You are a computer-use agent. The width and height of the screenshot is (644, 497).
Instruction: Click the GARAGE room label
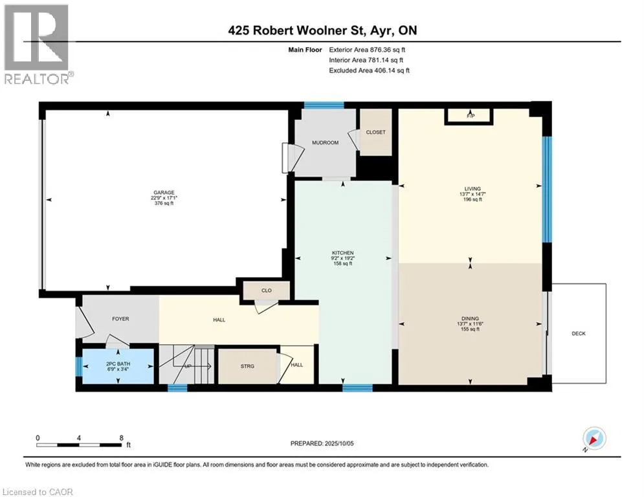[x=164, y=192]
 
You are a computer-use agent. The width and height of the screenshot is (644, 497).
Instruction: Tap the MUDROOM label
[x=326, y=142]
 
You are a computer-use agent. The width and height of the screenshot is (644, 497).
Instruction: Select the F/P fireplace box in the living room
[x=468, y=116]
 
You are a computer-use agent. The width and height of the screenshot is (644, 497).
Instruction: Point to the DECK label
[x=578, y=333]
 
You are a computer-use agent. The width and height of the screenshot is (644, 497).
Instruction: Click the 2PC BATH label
[x=118, y=364]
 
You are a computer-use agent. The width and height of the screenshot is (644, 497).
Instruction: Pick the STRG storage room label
[x=247, y=366]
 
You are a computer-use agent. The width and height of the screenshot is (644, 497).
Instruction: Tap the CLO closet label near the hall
[x=267, y=291]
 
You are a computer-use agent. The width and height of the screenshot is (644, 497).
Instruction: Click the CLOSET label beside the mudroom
[x=376, y=132]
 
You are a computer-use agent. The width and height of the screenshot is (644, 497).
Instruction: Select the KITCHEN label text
[x=343, y=253]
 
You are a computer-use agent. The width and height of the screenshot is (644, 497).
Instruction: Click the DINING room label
[x=471, y=318]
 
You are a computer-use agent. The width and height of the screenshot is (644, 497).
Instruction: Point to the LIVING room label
[x=472, y=189]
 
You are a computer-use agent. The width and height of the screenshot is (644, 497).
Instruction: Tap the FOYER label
[x=121, y=319]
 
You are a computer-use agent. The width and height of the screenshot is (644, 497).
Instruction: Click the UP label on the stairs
[x=188, y=366]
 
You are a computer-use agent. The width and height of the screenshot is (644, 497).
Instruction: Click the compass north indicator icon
[x=594, y=439]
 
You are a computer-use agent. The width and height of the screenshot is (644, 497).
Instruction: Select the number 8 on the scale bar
[x=121, y=438]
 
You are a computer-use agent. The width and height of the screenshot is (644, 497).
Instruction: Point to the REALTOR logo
[x=37, y=45]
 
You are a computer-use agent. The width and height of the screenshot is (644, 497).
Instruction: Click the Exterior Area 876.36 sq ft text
[x=367, y=50]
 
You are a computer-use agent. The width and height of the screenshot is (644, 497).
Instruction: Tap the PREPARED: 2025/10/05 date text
[x=322, y=443]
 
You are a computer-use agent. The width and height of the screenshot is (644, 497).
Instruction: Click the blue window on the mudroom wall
[x=324, y=105]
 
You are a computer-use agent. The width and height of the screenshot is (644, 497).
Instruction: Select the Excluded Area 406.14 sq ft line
[x=369, y=71]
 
